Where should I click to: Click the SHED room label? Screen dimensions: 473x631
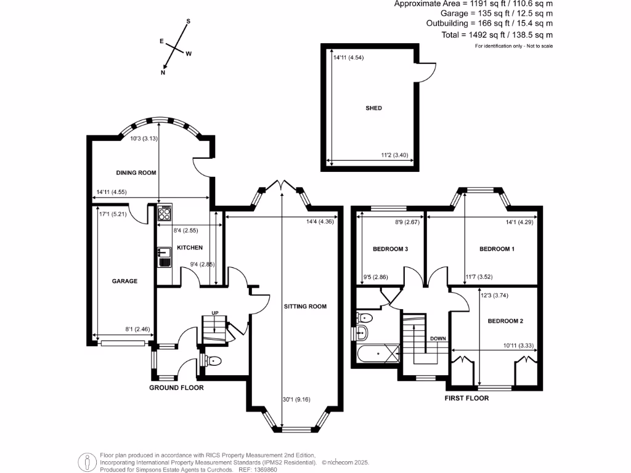[x=373, y=108]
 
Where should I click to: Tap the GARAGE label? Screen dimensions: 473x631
[x=124, y=281]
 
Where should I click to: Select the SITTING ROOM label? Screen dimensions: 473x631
[x=305, y=306]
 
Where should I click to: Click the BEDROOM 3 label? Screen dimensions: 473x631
[x=390, y=249]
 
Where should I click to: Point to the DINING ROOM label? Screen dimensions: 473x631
[x=136, y=173]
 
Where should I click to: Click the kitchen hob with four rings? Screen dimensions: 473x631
[x=165, y=213]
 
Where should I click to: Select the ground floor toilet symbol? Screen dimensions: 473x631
[x=213, y=360]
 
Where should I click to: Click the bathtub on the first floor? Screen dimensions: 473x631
[x=377, y=355]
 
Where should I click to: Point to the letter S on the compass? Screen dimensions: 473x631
[x=189, y=22]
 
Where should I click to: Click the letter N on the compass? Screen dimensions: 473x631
[x=163, y=73]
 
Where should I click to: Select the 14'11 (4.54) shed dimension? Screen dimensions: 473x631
[x=350, y=57]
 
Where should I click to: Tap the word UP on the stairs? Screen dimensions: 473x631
[x=214, y=312]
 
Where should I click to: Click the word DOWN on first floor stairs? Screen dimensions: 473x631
[x=439, y=338]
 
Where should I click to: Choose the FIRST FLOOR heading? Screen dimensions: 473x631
[x=466, y=398]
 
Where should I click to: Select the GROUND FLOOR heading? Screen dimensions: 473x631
[x=176, y=388]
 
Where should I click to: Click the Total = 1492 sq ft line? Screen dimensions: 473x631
[x=497, y=35]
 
